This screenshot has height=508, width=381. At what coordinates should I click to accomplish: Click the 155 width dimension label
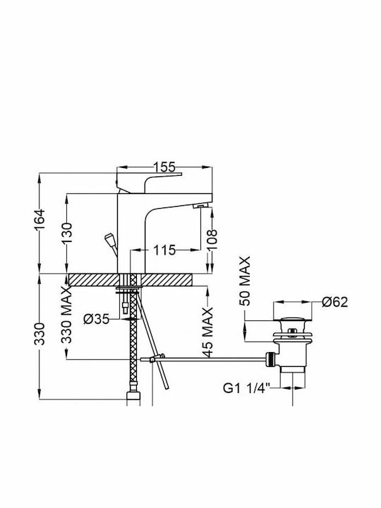164,167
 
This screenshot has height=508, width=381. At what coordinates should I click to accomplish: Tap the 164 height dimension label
40,220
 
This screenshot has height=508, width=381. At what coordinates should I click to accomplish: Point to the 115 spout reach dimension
164,250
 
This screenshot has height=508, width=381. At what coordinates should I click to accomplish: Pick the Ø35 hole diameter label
96,320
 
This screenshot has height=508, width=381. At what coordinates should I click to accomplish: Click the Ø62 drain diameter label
334,302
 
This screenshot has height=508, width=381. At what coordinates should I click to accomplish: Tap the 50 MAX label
245,282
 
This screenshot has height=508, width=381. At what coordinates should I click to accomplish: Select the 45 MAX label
208,332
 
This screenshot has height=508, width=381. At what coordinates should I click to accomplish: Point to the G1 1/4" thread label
246,388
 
